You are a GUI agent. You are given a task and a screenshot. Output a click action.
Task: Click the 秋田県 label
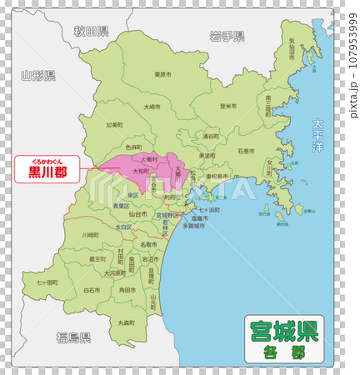pos(91,32)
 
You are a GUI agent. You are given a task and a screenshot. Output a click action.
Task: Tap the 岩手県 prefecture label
pos(227,36)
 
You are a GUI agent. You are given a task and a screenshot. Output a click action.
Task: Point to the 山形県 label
pos(38,76)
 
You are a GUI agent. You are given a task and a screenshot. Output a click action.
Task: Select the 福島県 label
pos(73,337)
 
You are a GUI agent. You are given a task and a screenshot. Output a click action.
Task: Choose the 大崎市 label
pos(152,107)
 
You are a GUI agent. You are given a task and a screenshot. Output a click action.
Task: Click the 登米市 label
pos(227,107)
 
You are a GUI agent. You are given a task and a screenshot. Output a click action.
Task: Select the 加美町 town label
pos(114,126)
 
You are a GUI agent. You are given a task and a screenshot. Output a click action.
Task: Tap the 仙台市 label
pos(136,214)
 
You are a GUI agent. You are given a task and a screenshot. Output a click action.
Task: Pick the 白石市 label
pos(92,290)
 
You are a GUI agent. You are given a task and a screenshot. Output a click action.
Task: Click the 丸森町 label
pos(127,322)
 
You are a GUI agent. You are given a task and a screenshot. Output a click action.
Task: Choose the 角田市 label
pos(127,290)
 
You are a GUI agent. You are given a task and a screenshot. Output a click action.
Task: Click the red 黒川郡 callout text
pos(47,172)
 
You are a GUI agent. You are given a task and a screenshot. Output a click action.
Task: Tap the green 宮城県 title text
pos(283,331)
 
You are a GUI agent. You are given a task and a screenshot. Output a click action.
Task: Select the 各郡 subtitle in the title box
pos(283,352)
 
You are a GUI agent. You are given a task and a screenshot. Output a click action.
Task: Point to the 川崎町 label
pos(90,236)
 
